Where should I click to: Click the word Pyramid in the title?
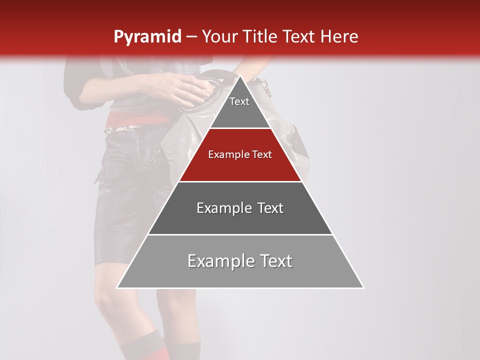coord(147,37)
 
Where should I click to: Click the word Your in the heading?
coord(220,36)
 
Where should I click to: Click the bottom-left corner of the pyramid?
coord(117,287)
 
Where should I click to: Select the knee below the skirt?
coord(107,300)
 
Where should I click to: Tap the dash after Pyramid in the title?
coord(191,37)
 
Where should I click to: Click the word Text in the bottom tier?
coord(273,261)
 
